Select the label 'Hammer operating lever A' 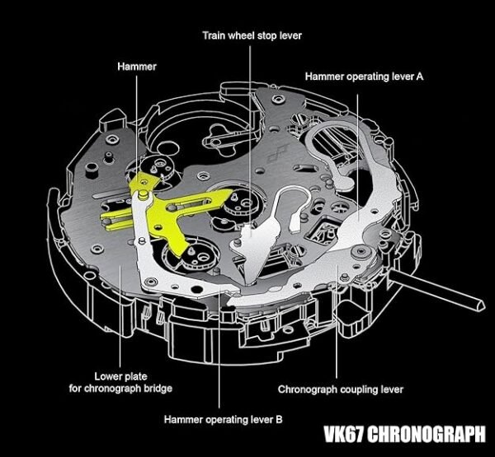[364, 76]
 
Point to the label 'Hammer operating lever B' [224, 419]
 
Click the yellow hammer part [165, 206]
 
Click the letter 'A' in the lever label [420, 76]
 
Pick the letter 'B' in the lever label [279, 419]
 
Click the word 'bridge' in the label [156, 388]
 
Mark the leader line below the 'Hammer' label [139, 124]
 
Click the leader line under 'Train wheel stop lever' [250, 124]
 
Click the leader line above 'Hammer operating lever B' [220, 354]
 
